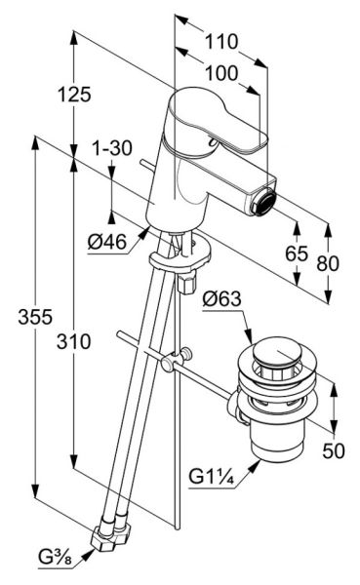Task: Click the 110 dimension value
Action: [x=221, y=41]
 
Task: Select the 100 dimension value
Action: [x=221, y=73]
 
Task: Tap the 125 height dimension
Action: [x=74, y=94]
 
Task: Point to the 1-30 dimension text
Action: [x=111, y=148]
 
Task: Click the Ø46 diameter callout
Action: [x=107, y=243]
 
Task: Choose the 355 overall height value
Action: [x=35, y=318]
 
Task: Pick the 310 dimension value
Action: [x=73, y=341]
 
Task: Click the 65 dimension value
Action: [x=297, y=253]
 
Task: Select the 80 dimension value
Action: [x=328, y=263]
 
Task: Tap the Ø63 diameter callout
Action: [x=221, y=299]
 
